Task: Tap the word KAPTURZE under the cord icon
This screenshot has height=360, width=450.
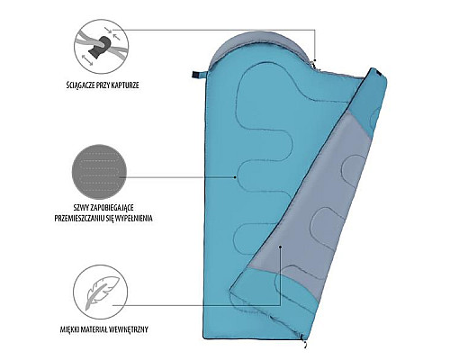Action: (x=125, y=85)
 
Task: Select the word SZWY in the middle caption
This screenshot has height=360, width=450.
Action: (x=80, y=207)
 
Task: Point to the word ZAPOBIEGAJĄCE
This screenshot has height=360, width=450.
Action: (x=112, y=208)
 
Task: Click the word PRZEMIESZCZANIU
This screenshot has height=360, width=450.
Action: (x=79, y=219)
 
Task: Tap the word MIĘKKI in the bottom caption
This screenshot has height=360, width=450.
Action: (x=69, y=329)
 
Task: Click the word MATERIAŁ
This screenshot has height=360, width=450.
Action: (x=94, y=329)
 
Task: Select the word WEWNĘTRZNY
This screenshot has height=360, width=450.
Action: (x=130, y=329)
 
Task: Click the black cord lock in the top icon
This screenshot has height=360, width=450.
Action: (x=101, y=48)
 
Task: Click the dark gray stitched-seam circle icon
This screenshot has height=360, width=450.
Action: (x=100, y=172)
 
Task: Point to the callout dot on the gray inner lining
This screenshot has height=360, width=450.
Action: (x=280, y=247)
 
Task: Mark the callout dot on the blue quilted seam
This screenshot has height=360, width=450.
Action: (x=235, y=177)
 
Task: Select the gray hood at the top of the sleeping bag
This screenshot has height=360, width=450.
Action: (x=260, y=45)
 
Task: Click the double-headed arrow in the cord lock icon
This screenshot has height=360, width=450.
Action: (x=87, y=59)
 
